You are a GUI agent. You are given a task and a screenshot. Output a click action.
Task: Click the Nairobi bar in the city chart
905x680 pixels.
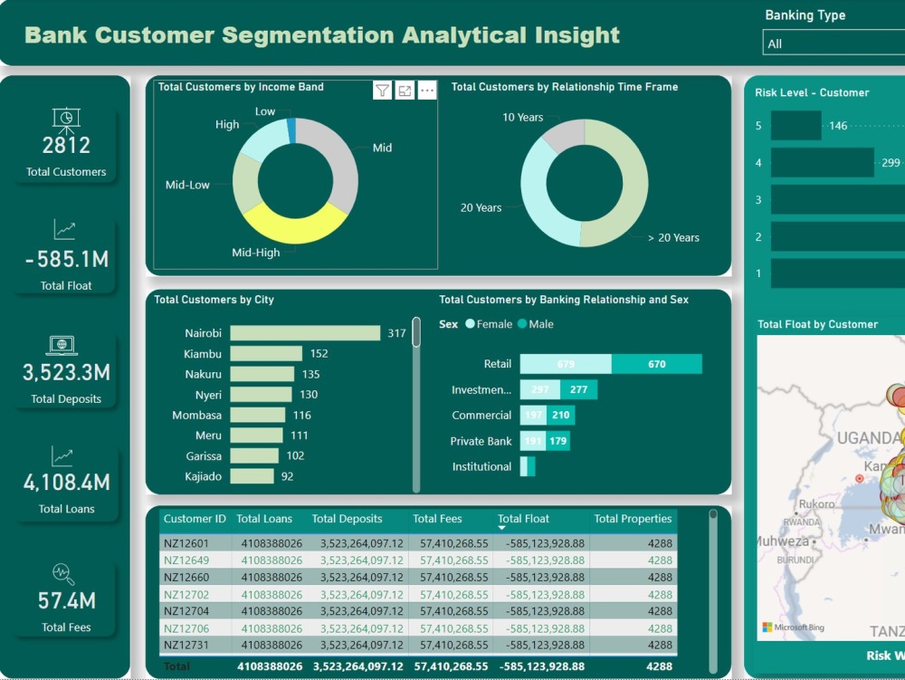coord(305,333)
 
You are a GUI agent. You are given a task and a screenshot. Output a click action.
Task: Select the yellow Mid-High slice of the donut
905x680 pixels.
coord(290,227)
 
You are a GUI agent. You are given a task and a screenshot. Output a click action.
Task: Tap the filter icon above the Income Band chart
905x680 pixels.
coord(383,91)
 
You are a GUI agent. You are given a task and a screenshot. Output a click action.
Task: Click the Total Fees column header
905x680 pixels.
coord(437,519)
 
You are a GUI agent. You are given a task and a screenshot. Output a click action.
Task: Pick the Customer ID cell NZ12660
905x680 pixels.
coord(186,578)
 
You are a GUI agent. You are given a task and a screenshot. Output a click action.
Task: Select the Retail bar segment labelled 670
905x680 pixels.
coord(656,364)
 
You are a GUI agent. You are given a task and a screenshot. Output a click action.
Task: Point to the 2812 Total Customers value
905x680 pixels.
coord(66,145)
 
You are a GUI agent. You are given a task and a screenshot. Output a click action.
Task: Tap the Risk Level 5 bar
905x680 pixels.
coord(795,126)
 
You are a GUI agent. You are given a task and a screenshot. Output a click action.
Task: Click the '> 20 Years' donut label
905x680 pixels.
coord(673,238)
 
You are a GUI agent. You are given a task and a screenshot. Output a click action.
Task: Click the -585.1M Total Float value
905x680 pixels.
coord(67,260)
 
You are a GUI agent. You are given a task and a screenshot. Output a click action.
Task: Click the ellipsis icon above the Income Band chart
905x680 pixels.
coord(427,91)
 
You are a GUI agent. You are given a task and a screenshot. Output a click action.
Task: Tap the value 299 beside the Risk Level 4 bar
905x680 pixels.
coord(891,163)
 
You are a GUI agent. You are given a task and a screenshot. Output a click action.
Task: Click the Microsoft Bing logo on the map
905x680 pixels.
coord(793,627)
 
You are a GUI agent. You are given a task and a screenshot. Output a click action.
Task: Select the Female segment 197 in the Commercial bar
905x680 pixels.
coord(533,416)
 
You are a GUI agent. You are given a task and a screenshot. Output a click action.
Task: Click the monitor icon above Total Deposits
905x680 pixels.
coord(62,345)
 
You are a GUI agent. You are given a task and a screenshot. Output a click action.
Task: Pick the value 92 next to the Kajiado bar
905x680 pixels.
coord(287,476)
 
